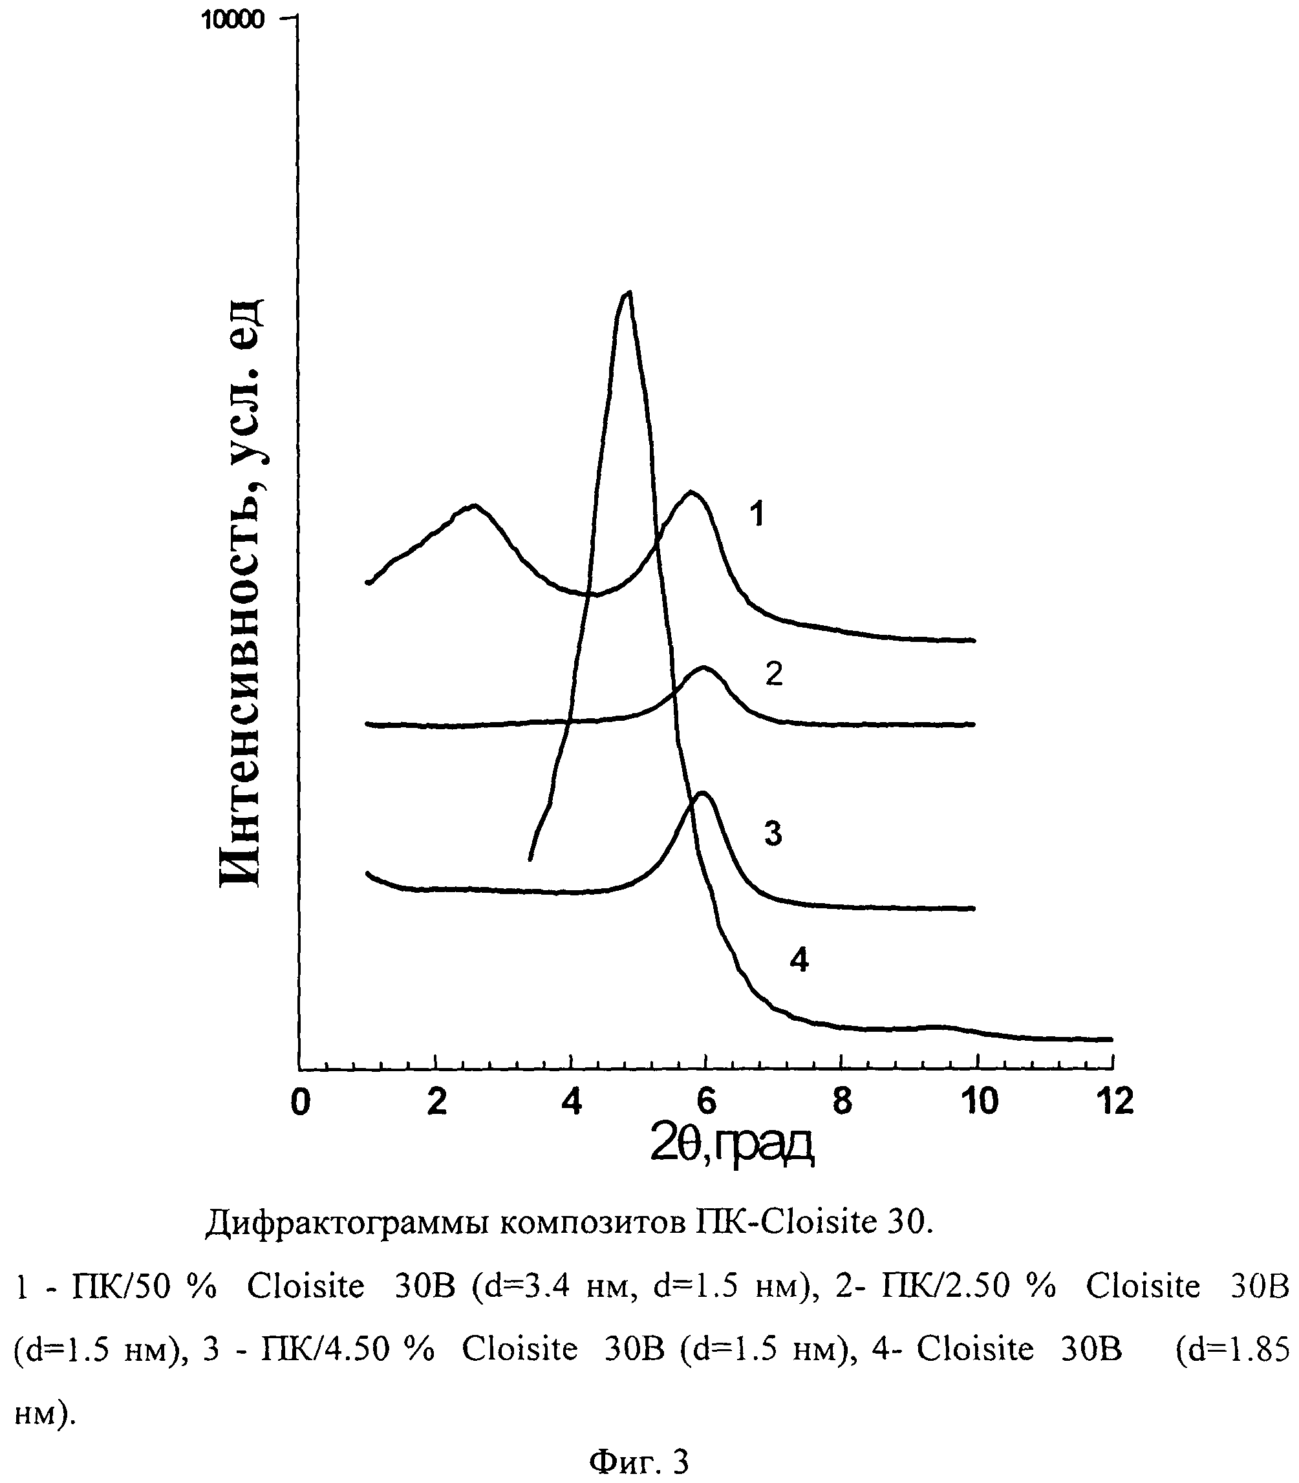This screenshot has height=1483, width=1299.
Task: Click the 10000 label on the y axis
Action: [x=233, y=19]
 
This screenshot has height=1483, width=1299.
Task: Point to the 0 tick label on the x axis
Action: [x=300, y=1102]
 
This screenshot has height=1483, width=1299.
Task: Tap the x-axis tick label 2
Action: [x=436, y=1102]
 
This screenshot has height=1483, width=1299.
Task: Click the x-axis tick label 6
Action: [x=707, y=1102]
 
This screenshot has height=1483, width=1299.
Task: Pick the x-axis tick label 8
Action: [x=842, y=1102]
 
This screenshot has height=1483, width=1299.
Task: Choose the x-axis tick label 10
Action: [x=978, y=1102]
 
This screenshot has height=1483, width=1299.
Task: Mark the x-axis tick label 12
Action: [x=1114, y=1102]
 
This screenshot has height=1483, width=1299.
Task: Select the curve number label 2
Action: [x=774, y=674]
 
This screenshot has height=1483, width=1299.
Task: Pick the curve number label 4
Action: [x=799, y=961]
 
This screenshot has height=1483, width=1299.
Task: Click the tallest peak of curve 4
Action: [x=628, y=293]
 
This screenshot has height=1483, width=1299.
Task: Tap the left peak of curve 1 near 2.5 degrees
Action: [x=473, y=505]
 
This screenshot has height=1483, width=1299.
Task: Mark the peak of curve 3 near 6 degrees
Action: [x=702, y=793]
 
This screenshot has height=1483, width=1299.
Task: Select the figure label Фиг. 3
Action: [x=639, y=1462]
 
